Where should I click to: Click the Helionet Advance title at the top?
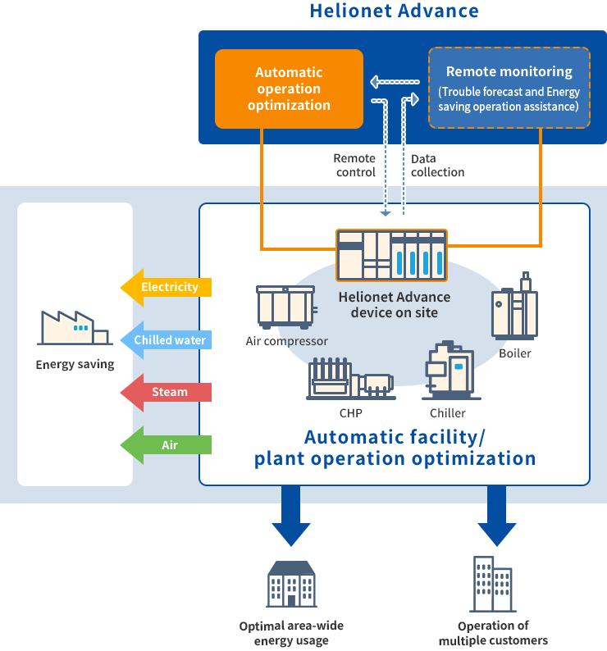click(x=394, y=11)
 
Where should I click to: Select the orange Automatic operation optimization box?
click(x=289, y=89)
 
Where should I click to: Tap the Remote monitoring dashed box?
click(x=509, y=89)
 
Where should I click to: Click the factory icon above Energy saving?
click(x=74, y=328)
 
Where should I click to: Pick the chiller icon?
click(x=448, y=373)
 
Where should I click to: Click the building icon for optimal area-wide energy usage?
click(x=291, y=584)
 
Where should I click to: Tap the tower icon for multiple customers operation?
click(x=492, y=584)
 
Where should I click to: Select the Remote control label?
click(x=355, y=165)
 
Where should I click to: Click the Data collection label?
click(x=436, y=165)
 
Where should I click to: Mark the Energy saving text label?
click(x=75, y=365)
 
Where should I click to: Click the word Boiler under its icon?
click(x=515, y=353)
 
